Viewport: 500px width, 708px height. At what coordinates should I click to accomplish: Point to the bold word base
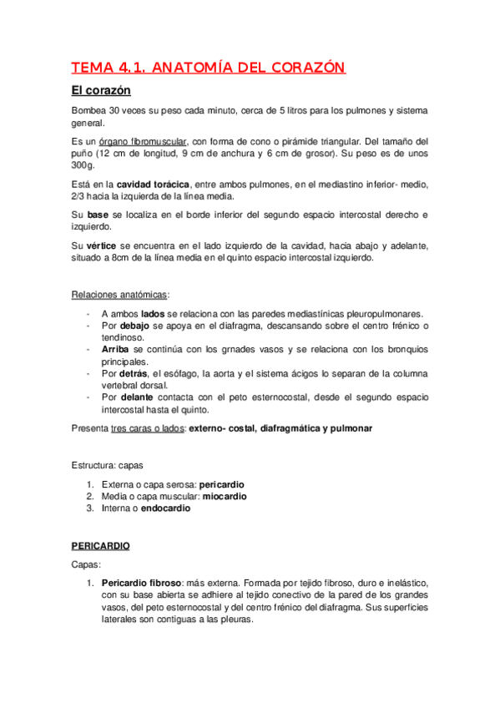(x=98, y=215)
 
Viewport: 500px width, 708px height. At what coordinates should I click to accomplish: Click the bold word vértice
(x=102, y=245)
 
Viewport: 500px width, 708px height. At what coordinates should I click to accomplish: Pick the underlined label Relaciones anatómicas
(x=119, y=295)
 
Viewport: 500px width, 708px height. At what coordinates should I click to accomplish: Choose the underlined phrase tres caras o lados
(x=149, y=428)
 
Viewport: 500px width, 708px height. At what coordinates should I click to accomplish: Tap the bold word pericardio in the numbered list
(x=221, y=484)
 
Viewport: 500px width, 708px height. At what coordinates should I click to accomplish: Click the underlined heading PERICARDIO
(x=101, y=545)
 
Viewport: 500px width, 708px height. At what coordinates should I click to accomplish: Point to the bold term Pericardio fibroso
(x=143, y=582)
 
